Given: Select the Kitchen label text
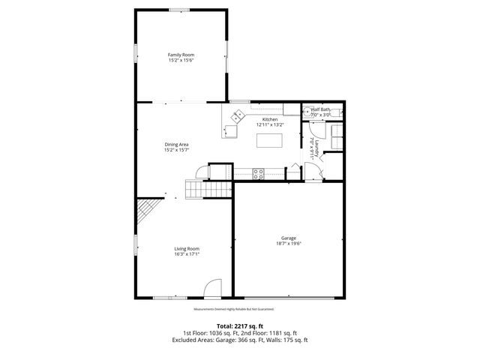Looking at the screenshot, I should point(270,119).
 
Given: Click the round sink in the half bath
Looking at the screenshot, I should point(307,111).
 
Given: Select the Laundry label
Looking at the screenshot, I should point(318,148).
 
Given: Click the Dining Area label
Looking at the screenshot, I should point(176,144).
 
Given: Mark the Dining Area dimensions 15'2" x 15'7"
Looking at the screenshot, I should point(176,150).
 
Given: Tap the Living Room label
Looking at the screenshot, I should point(187,248).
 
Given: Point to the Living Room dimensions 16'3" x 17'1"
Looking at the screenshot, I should point(187,254).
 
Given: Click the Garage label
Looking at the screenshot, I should point(288,238).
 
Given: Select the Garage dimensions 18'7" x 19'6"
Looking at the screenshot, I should point(288,244).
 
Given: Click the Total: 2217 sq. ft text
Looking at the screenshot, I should point(240,325).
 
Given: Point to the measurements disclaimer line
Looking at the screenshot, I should point(234,308).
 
